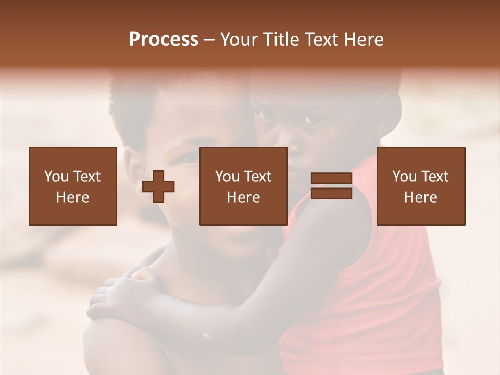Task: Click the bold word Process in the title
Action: pos(164,40)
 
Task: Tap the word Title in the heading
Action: pos(281,40)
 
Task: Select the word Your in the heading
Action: pos(240,40)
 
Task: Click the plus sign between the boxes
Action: pos(158,186)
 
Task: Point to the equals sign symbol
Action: pos(331,186)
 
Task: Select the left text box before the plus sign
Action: pos(73,186)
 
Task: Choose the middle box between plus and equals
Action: pos(244,186)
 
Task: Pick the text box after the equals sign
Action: pos(421,186)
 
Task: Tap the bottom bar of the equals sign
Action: pos(331,193)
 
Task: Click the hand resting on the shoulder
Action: pos(122,289)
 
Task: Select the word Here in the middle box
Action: pos(244,197)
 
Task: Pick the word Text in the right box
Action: pos(435,177)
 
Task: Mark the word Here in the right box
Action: pos(421,197)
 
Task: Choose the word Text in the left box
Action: pos(86,177)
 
